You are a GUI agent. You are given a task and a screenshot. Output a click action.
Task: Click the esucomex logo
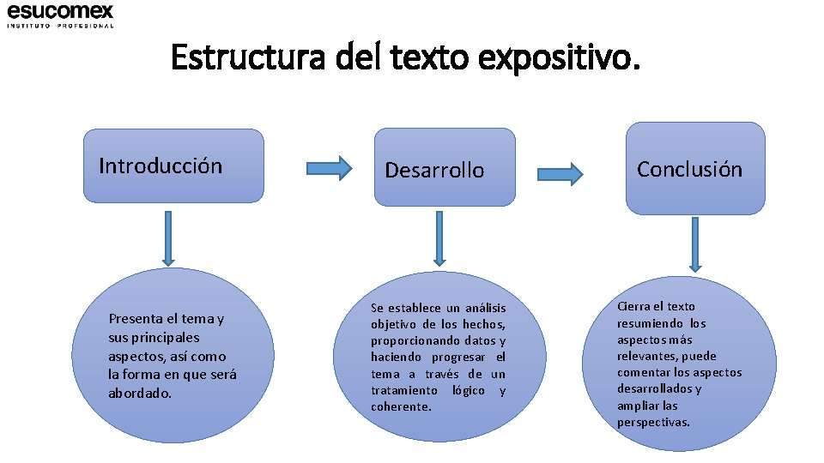click(x=60, y=11)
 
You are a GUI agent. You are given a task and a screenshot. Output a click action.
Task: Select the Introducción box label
click(x=161, y=165)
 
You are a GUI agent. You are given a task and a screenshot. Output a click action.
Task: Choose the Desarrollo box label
click(x=434, y=170)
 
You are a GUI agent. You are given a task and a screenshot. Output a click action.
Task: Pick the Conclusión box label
click(x=689, y=169)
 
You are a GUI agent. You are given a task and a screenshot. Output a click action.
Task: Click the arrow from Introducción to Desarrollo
click(x=330, y=168)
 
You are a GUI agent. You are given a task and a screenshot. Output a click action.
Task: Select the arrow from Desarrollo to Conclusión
click(x=560, y=175)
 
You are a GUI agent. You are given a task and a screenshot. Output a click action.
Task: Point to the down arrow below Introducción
click(x=168, y=238)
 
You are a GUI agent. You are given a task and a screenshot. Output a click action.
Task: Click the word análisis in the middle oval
click(x=487, y=308)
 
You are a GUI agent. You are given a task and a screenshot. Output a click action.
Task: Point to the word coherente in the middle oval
click(x=401, y=406)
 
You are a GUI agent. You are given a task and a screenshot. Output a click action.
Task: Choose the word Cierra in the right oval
click(x=633, y=306)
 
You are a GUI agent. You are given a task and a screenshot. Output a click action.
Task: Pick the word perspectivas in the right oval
click(x=653, y=422)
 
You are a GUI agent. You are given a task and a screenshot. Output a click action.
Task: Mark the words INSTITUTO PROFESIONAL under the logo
click(x=60, y=26)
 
